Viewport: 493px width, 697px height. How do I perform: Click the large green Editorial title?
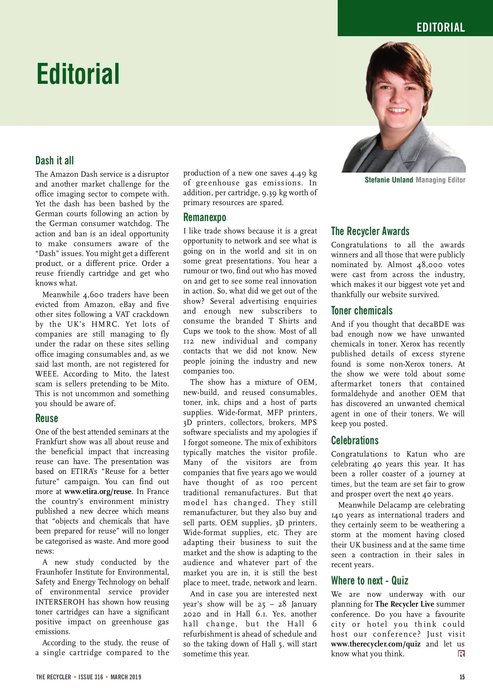click(78, 74)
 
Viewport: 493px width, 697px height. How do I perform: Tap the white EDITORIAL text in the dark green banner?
click(440, 28)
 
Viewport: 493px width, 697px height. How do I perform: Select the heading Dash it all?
click(55, 160)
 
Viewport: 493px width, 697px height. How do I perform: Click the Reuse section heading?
click(47, 418)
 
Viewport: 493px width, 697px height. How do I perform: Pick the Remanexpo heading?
click(205, 217)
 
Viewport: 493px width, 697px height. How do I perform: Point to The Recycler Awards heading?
click(370, 231)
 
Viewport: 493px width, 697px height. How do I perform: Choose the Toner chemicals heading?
click(362, 310)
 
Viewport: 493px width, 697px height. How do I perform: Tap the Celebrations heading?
click(355, 440)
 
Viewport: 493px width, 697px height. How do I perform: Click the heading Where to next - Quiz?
click(370, 580)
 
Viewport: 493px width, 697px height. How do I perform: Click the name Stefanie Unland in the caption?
click(389, 180)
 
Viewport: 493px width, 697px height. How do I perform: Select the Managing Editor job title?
click(440, 180)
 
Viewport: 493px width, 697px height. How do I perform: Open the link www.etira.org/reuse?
click(98, 492)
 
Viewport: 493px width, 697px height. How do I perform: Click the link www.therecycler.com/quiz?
click(376, 644)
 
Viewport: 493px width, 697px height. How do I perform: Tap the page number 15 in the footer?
click(462, 677)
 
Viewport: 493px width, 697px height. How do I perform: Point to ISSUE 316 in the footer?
click(91, 677)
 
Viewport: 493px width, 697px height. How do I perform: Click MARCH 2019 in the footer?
click(126, 677)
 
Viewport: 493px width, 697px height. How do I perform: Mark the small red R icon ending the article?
click(461, 653)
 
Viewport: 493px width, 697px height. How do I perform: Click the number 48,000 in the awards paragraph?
click(430, 265)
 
